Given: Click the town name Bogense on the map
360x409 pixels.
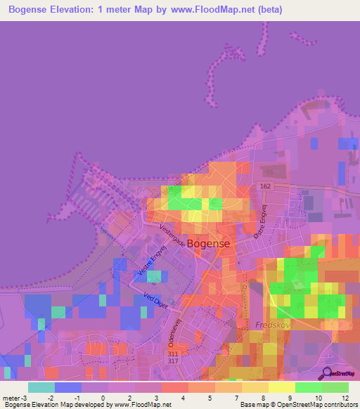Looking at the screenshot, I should [x=210, y=242].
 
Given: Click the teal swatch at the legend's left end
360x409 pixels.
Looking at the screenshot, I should [x=41, y=387].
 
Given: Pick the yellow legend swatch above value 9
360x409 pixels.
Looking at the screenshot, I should [x=281, y=387].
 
